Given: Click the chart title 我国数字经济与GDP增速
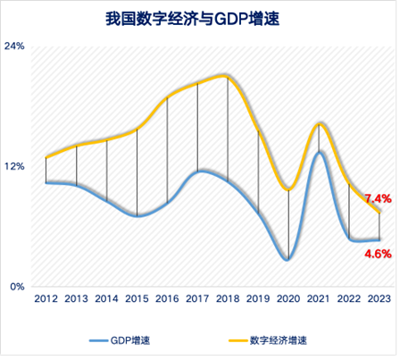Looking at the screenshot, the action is pos(193,19).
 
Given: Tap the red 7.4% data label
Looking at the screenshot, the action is pos(378,198).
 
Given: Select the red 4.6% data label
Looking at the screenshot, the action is pos(378,254).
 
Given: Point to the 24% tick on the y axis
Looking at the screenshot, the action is pos(14,46).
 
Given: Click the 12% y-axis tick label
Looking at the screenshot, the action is pos(14,166).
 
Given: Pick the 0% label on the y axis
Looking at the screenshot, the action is pos(17,287).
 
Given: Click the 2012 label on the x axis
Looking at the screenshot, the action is pos(46,298).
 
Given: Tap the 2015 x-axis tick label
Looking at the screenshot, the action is pos(137,298).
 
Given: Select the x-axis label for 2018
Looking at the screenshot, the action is pos(228,298).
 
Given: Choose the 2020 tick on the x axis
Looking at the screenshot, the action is pos(288,298).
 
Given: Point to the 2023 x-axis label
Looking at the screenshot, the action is pos(379,298).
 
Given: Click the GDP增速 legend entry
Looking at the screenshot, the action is pos(120,340).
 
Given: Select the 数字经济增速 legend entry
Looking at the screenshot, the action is pos(268,340).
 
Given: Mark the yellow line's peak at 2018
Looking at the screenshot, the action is pos(225,76).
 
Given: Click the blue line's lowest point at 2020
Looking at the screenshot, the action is pos(287,260).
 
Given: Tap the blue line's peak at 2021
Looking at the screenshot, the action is pos(320,153).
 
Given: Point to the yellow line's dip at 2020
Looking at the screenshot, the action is pos(288,189).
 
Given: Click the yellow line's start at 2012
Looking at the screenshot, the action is pos(46,157).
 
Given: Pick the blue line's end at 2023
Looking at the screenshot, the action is pos(379,240).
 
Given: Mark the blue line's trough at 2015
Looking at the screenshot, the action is pos(137,216).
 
